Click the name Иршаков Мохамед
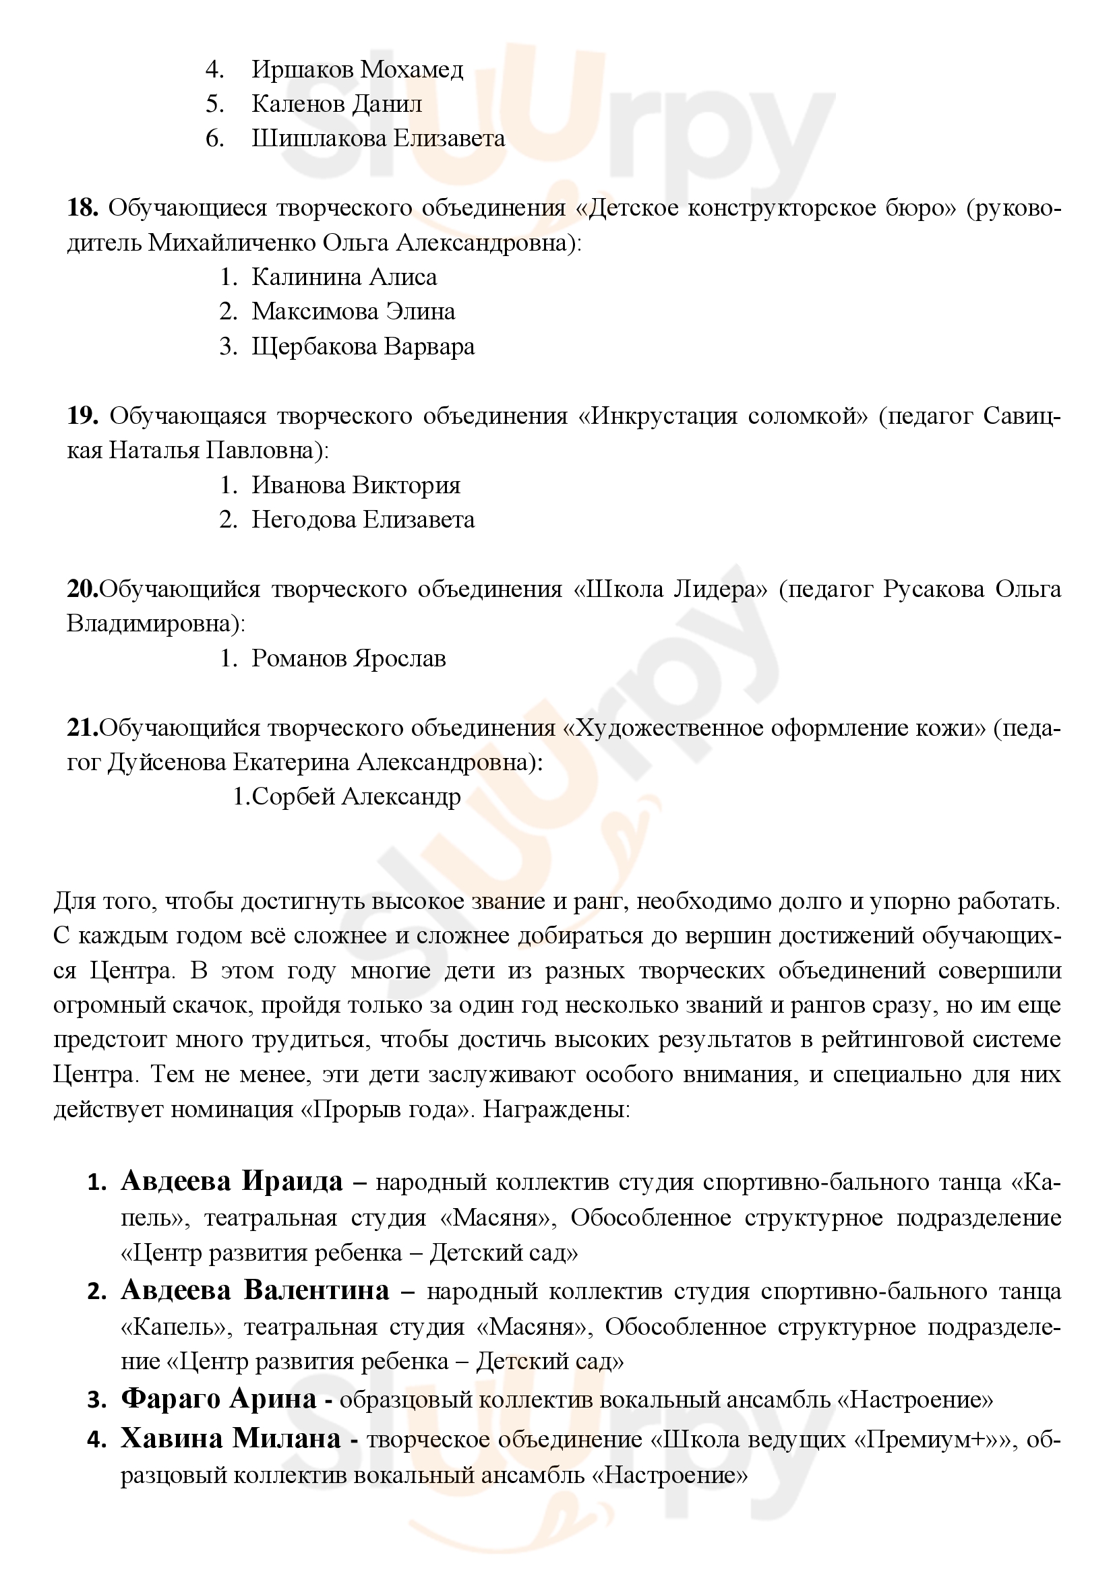click(x=357, y=69)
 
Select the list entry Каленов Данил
click(x=336, y=104)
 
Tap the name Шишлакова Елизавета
click(x=378, y=139)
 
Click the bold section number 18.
click(x=82, y=208)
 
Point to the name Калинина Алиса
click(x=344, y=278)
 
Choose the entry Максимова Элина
click(x=353, y=312)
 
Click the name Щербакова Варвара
click(x=363, y=346)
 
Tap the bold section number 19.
click(x=82, y=416)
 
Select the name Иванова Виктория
click(x=356, y=485)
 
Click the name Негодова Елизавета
click(x=363, y=519)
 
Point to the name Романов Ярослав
click(x=349, y=658)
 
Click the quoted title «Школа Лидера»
click(x=670, y=590)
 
